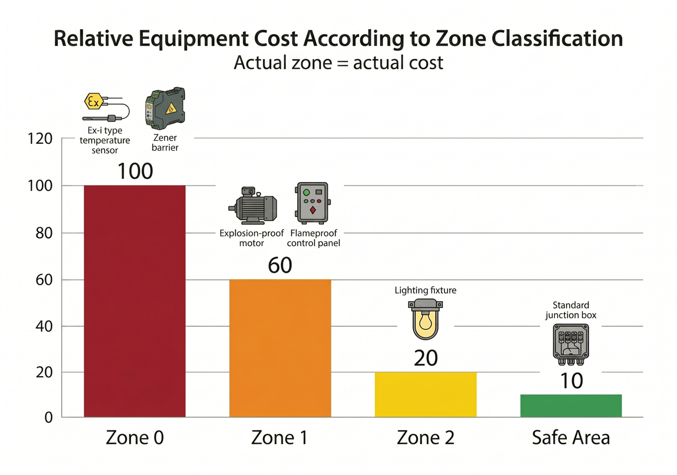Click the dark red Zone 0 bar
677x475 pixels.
135,302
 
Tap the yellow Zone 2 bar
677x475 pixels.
425,395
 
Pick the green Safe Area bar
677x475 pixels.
571,406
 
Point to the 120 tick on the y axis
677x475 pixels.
41,139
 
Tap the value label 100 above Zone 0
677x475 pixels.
135,171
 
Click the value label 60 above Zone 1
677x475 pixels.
280,266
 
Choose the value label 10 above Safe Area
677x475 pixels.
571,381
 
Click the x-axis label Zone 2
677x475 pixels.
425,438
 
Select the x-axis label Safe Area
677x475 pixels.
571,438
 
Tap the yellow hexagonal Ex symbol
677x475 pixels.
93,101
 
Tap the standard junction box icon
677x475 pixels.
571,343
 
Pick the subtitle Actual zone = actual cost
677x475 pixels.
338,63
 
